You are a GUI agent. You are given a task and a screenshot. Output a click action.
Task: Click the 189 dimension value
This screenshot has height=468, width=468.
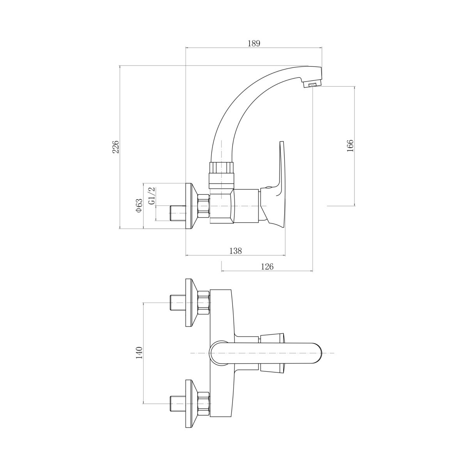[x=254, y=43]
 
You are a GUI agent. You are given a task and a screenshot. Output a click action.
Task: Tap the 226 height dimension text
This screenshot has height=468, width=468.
[x=115, y=147]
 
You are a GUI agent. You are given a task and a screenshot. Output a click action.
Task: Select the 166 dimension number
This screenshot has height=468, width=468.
[x=350, y=146]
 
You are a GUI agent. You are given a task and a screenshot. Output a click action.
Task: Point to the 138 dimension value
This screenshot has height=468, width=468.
[x=236, y=251]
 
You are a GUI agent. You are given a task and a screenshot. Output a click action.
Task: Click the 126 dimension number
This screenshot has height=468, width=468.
[x=267, y=266]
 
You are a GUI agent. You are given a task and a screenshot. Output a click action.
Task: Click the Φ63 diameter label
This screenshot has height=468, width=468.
[x=139, y=206]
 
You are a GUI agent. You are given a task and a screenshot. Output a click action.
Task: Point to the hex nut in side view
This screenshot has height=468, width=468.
[x=204, y=206]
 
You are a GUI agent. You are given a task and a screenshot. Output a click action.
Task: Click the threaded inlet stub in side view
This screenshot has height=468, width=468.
[x=177, y=213]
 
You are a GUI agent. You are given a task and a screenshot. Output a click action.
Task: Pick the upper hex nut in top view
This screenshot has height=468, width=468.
[x=204, y=303]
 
